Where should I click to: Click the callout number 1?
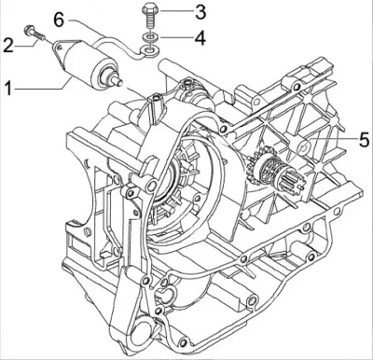coord(8,88)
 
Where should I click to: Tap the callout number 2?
coord(8,45)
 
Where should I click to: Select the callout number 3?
coord(200,12)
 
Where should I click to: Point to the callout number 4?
coord(200,38)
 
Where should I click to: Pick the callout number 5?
coord(364,140)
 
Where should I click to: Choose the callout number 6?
coord(59,20)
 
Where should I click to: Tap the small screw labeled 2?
coord(35,33)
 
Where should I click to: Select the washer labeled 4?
coord(151,37)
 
